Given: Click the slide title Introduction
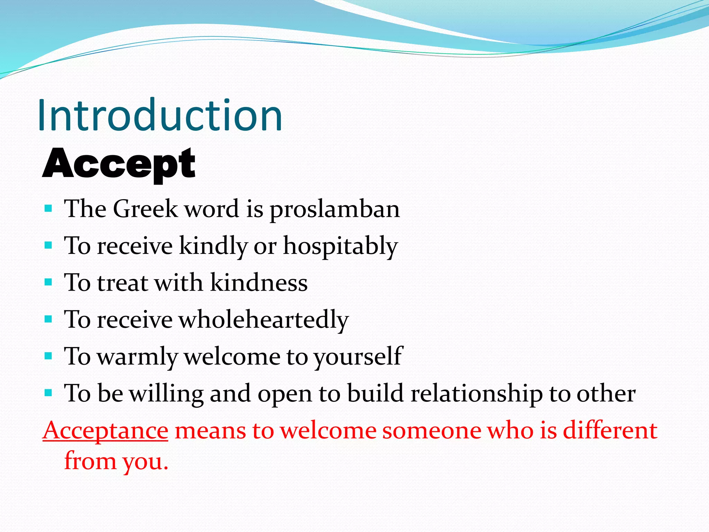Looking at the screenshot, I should (x=160, y=115).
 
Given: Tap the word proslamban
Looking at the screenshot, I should (x=334, y=209).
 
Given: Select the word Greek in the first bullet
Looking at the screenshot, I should (x=145, y=209).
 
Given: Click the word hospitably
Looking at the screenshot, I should (x=341, y=246).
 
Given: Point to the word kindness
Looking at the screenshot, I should (x=259, y=283).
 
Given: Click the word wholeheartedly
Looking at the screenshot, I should (x=263, y=319).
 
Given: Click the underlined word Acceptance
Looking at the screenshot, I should (x=106, y=431).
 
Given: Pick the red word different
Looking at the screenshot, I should (x=610, y=431).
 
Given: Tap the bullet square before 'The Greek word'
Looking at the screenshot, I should (x=48, y=209).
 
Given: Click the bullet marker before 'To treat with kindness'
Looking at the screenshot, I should (x=48, y=282).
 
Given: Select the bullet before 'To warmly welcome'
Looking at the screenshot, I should (x=48, y=356).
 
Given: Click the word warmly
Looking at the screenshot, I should (x=137, y=357).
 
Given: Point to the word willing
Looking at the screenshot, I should (x=167, y=394).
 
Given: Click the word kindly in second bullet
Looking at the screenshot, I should (x=213, y=246).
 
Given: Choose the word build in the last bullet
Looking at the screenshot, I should (x=375, y=393).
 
